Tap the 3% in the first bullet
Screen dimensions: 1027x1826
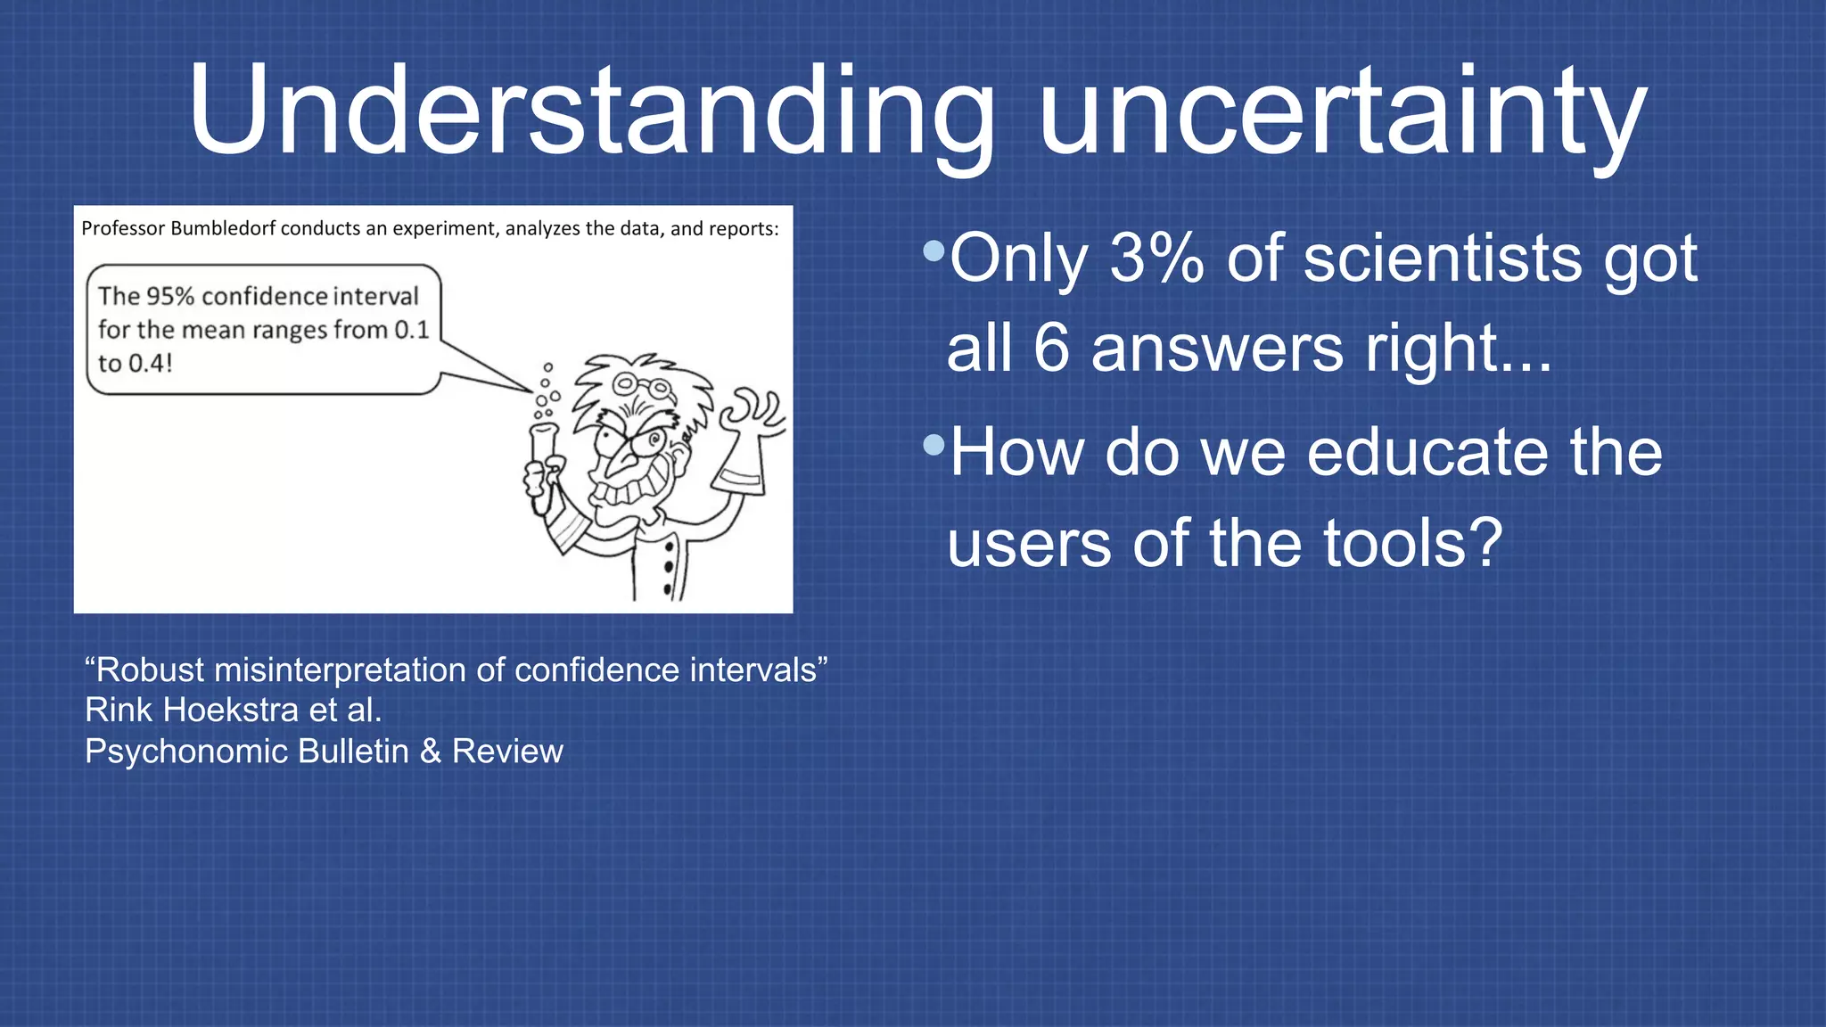tap(1156, 259)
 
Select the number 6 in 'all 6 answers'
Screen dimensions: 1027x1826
tap(1051, 349)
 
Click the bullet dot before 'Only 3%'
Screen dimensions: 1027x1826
tap(934, 251)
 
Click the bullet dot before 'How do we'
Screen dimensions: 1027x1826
tap(934, 444)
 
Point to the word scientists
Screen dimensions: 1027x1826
tap(1442, 259)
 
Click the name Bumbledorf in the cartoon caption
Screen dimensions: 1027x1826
tap(222, 228)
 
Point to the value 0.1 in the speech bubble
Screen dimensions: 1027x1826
tap(412, 330)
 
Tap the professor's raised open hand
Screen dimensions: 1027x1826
tap(752, 415)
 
